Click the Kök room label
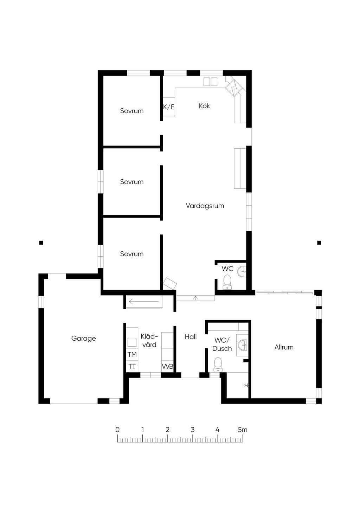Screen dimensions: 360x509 point(204,106)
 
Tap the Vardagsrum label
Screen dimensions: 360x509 point(205,206)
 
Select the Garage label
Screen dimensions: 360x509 point(83,339)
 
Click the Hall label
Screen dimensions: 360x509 point(191,337)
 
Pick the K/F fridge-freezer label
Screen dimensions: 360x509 point(169,107)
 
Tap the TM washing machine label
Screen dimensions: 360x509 point(132,354)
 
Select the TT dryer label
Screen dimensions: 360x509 point(132,366)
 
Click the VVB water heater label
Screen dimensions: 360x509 point(167,366)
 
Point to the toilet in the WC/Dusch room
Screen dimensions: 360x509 point(218,365)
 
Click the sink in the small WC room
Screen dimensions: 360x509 point(242,271)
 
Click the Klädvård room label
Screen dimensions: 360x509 point(149,341)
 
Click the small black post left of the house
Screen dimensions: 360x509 point(41,243)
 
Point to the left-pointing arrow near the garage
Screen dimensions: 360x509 point(144,302)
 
